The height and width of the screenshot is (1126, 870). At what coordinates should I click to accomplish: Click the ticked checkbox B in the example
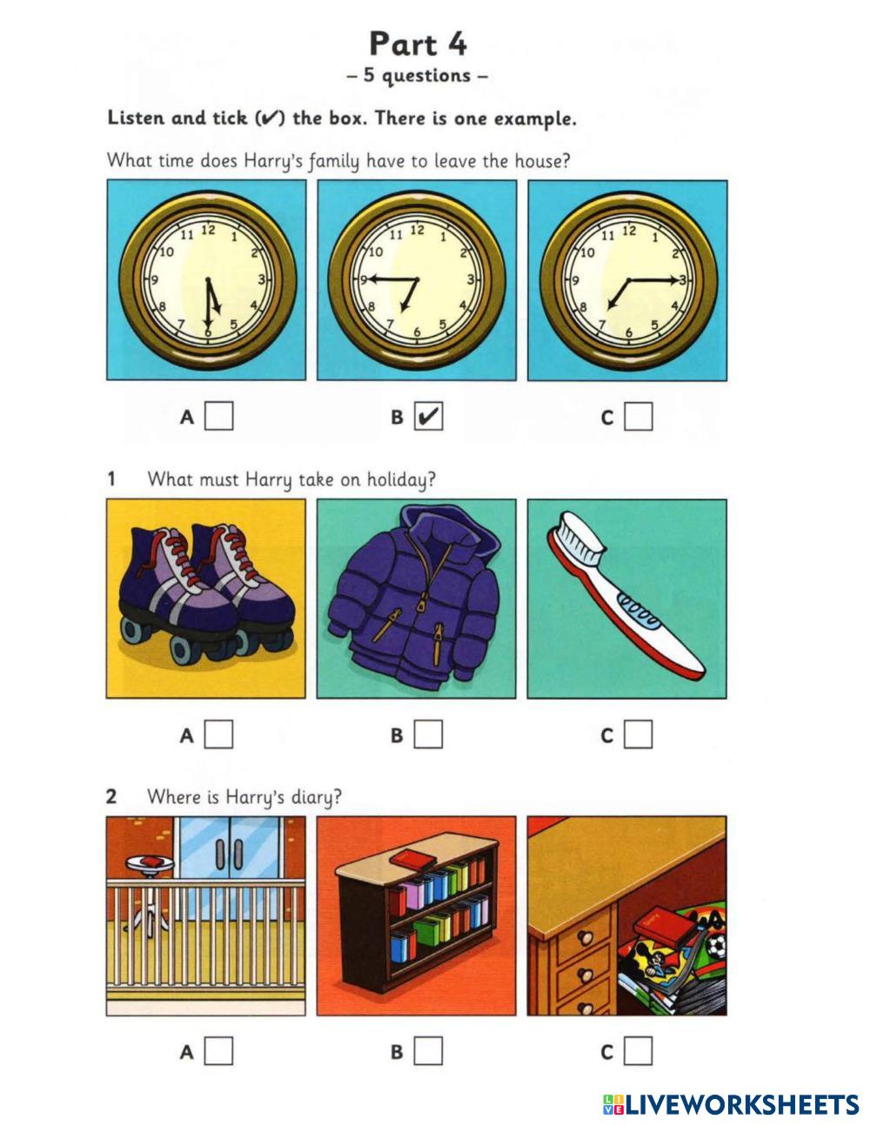point(428,417)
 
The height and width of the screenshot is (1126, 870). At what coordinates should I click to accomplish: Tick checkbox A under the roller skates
point(218,734)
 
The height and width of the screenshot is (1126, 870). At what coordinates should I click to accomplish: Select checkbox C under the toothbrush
point(638,734)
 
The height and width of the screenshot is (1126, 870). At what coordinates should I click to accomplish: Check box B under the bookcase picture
point(428,1051)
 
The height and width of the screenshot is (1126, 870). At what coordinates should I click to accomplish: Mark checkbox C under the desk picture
point(638,1051)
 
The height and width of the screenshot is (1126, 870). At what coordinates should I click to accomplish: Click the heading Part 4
point(418,44)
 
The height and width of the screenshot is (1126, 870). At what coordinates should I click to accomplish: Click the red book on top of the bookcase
point(412,861)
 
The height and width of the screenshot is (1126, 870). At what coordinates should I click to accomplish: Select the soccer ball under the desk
point(716,946)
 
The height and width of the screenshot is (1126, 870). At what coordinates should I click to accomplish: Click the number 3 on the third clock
point(683,280)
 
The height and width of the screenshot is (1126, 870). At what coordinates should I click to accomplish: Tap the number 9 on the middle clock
point(364,280)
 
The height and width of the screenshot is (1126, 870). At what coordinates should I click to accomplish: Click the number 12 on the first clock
point(208,230)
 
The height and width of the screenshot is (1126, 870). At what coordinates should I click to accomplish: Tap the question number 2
point(111,796)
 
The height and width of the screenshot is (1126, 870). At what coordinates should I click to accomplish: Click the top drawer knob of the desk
point(586,938)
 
